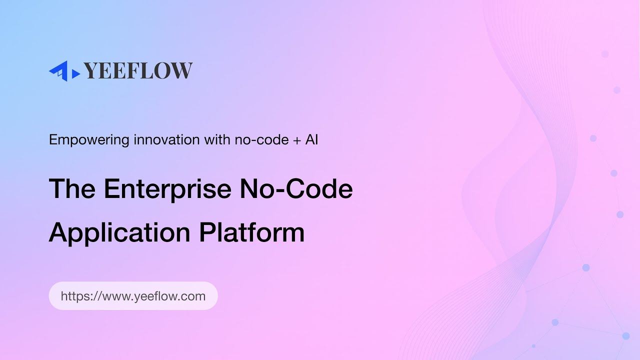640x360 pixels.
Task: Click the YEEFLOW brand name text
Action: tap(138, 71)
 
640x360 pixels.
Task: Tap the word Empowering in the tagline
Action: tap(89, 140)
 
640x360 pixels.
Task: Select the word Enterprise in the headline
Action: tap(167, 189)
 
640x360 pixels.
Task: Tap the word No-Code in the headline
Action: tap(296, 189)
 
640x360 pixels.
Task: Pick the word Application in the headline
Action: tap(119, 232)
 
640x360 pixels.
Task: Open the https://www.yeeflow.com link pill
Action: tap(133, 296)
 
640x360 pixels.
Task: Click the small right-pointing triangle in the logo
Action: tap(76, 74)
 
